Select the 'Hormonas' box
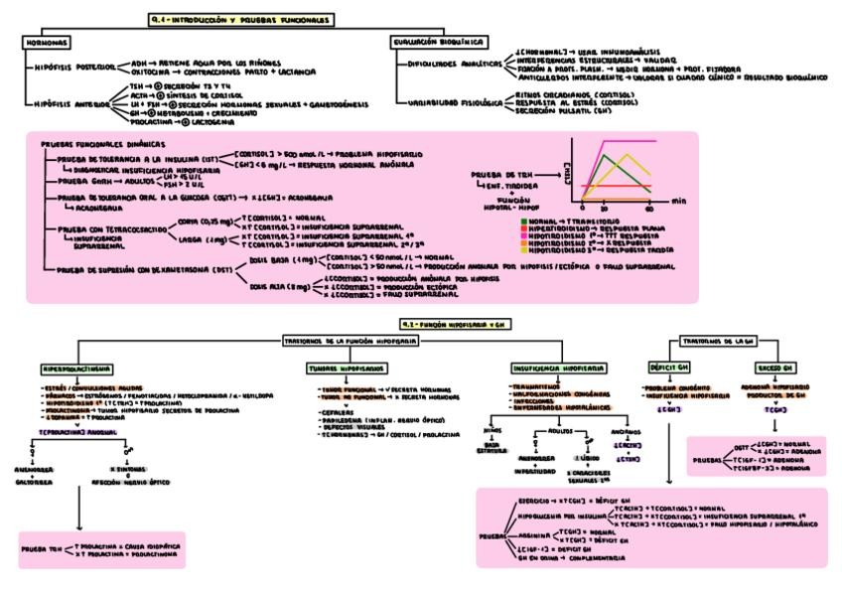pyautogui.click(x=48, y=43)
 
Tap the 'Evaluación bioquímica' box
pyautogui.click(x=438, y=43)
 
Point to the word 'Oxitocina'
pyautogui.click(x=150, y=73)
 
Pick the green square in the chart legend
pyautogui.click(x=523, y=221)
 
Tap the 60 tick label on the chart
pyautogui.click(x=651, y=210)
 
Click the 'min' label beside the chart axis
pyautogui.click(x=679, y=200)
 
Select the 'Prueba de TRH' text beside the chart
pyautogui.click(x=497, y=174)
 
